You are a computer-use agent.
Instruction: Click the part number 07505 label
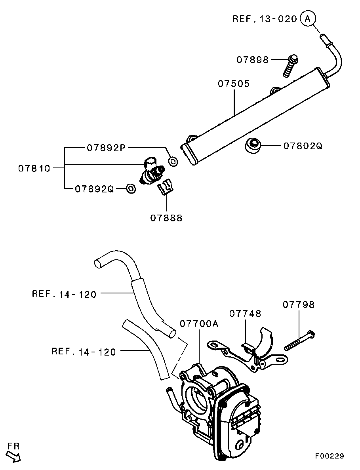click(234, 84)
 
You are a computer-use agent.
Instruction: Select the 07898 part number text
click(253, 60)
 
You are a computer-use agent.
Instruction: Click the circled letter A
click(308, 18)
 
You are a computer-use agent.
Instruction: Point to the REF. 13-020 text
click(265, 19)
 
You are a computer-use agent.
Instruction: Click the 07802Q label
click(303, 146)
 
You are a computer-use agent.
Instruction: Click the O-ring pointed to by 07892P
click(173, 161)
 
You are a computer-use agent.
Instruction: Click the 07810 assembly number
click(34, 168)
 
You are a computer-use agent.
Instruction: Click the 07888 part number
click(166, 217)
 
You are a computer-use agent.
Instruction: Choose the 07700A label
click(199, 324)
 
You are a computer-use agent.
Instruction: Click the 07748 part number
click(245, 314)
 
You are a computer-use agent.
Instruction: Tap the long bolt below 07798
click(299, 341)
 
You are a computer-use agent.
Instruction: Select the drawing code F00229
click(330, 456)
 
